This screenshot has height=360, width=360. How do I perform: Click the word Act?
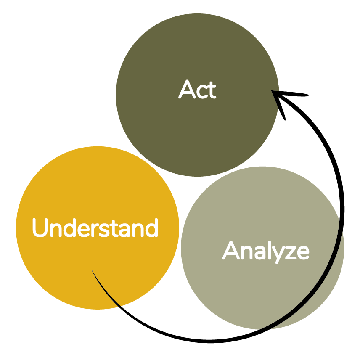(x=197, y=90)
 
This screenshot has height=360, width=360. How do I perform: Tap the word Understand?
(x=95, y=228)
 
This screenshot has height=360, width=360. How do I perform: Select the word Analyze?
(x=266, y=251)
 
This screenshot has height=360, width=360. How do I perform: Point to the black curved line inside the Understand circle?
(x=105, y=290)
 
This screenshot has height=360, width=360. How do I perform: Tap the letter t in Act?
(x=212, y=90)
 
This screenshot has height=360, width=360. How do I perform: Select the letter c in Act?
(x=201, y=92)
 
